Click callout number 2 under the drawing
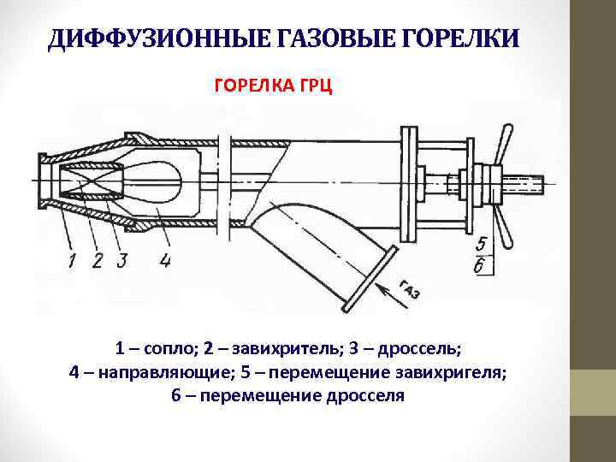click(x=98, y=260)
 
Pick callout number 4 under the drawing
click(x=164, y=260)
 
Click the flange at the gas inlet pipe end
click(x=368, y=276)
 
